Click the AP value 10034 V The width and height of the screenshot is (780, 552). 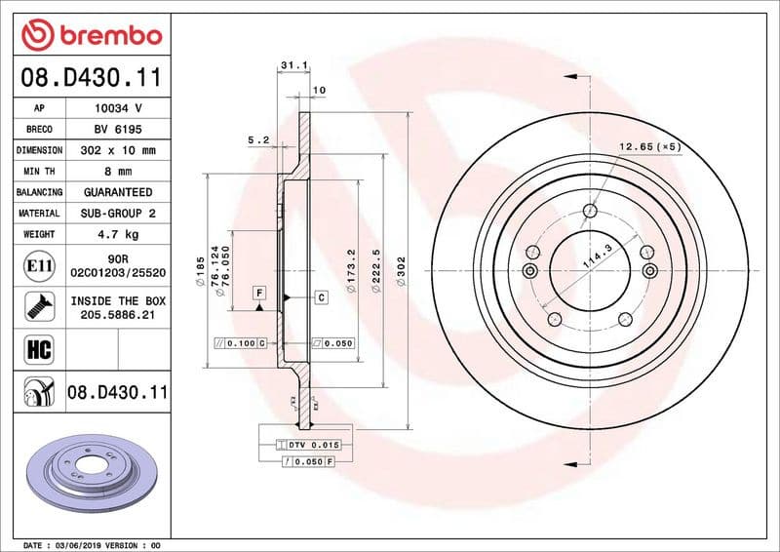tap(118, 108)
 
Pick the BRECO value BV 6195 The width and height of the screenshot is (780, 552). tap(118, 129)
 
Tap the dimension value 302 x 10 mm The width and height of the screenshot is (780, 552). tap(118, 150)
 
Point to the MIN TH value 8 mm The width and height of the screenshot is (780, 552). tap(118, 172)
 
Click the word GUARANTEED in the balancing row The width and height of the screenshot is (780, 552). tap(118, 192)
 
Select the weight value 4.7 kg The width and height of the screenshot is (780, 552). tap(118, 234)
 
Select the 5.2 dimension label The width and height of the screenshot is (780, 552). tap(258, 139)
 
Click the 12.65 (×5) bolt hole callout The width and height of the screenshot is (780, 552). tap(648, 147)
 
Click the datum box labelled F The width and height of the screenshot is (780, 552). tap(260, 292)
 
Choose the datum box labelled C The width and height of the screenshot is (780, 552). tap(320, 296)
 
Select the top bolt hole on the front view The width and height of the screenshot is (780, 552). tap(590, 211)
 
